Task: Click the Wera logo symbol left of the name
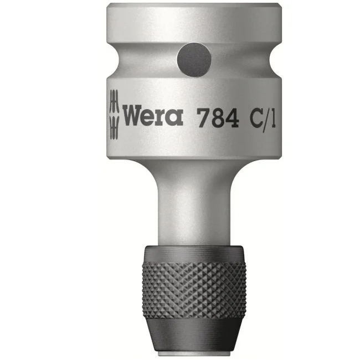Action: (x=114, y=114)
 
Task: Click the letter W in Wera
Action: (x=133, y=117)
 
